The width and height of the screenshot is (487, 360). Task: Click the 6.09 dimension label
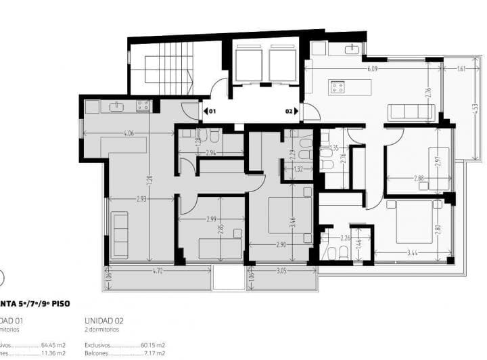click(x=372, y=69)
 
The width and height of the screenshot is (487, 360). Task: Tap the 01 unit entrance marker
click(x=211, y=110)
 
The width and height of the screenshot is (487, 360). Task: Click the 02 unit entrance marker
click(x=289, y=110)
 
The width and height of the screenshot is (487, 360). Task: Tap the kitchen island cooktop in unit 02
click(x=337, y=87)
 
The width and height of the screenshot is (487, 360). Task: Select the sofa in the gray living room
click(x=120, y=234)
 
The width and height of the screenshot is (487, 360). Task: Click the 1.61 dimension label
click(x=461, y=69)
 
